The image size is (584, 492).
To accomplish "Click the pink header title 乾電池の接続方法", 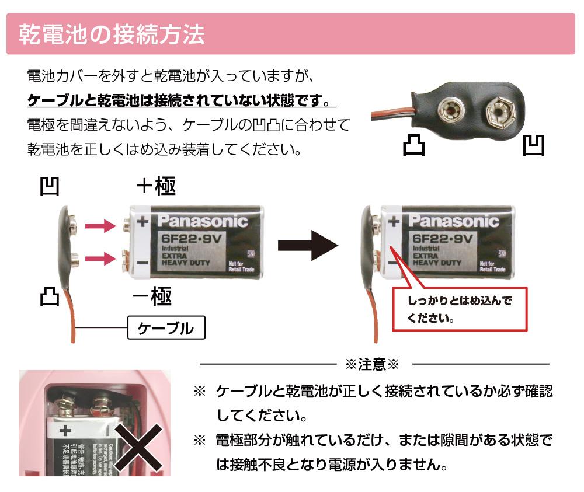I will [112, 34].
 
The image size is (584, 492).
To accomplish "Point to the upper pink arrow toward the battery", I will [101, 226].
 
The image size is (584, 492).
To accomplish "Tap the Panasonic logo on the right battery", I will [453, 221].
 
